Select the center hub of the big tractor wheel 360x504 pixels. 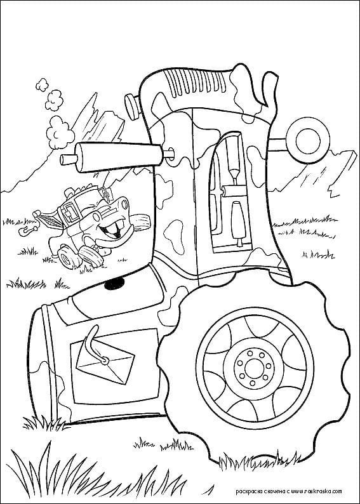click(254, 366)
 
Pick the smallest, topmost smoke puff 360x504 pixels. click(42, 84)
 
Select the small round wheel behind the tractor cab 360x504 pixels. click(308, 140)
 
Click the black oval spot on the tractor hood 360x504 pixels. click(114, 283)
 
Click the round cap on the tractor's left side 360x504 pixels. click(133, 107)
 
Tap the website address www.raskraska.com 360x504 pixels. click(317, 491)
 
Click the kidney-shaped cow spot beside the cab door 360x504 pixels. click(174, 236)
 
